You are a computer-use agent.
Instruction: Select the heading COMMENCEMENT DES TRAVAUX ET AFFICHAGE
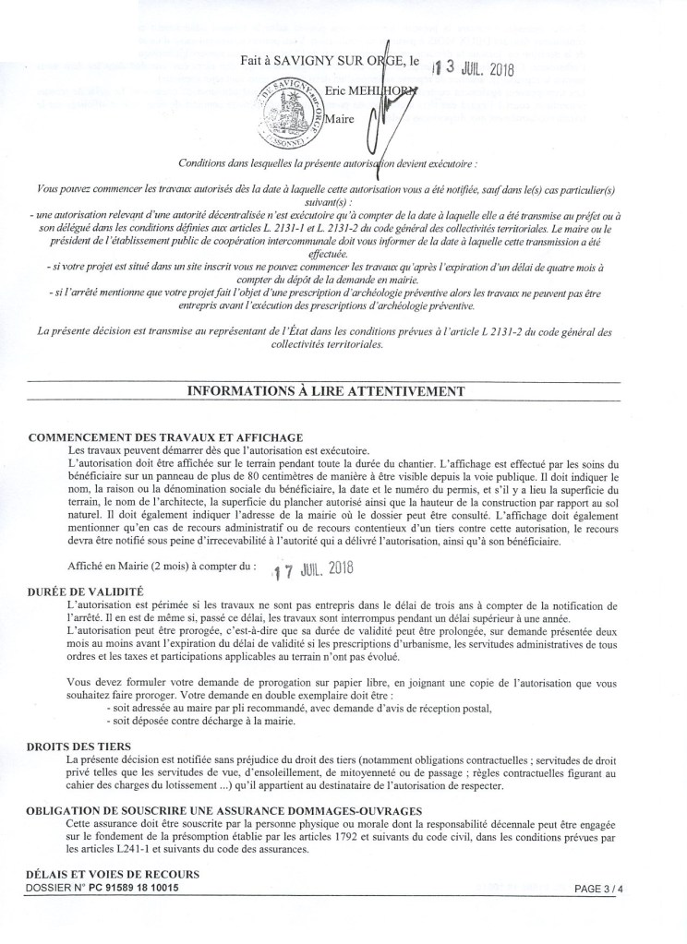[166, 436]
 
